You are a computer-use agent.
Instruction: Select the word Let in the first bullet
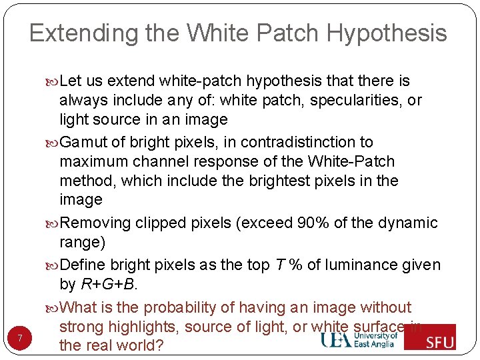click(71, 81)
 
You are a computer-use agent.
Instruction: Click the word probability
click(182, 307)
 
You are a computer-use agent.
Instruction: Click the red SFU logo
click(430, 337)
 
